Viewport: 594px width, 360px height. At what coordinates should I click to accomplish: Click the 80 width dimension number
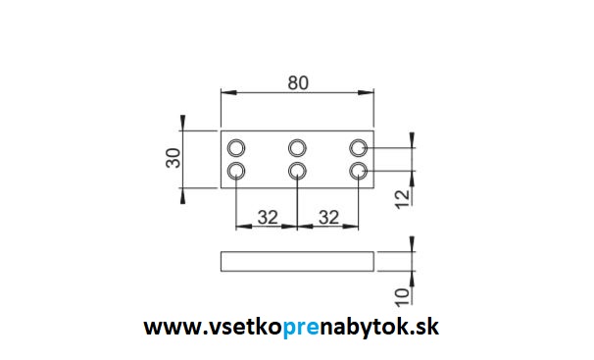(298, 83)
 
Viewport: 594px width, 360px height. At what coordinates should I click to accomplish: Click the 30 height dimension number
(173, 159)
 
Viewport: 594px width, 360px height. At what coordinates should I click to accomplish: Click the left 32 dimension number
(267, 217)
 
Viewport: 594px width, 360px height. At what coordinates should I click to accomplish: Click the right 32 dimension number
(328, 217)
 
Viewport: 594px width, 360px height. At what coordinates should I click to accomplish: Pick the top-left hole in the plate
(236, 148)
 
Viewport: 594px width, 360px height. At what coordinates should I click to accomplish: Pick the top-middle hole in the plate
(297, 148)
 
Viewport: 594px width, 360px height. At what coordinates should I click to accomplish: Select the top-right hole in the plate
(359, 148)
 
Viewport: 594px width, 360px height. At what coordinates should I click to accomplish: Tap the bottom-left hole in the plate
(236, 172)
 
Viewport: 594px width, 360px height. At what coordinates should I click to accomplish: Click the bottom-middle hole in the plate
(297, 172)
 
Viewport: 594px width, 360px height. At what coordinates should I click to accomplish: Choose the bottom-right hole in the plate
(359, 172)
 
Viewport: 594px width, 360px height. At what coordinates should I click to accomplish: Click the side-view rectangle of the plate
(297, 260)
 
